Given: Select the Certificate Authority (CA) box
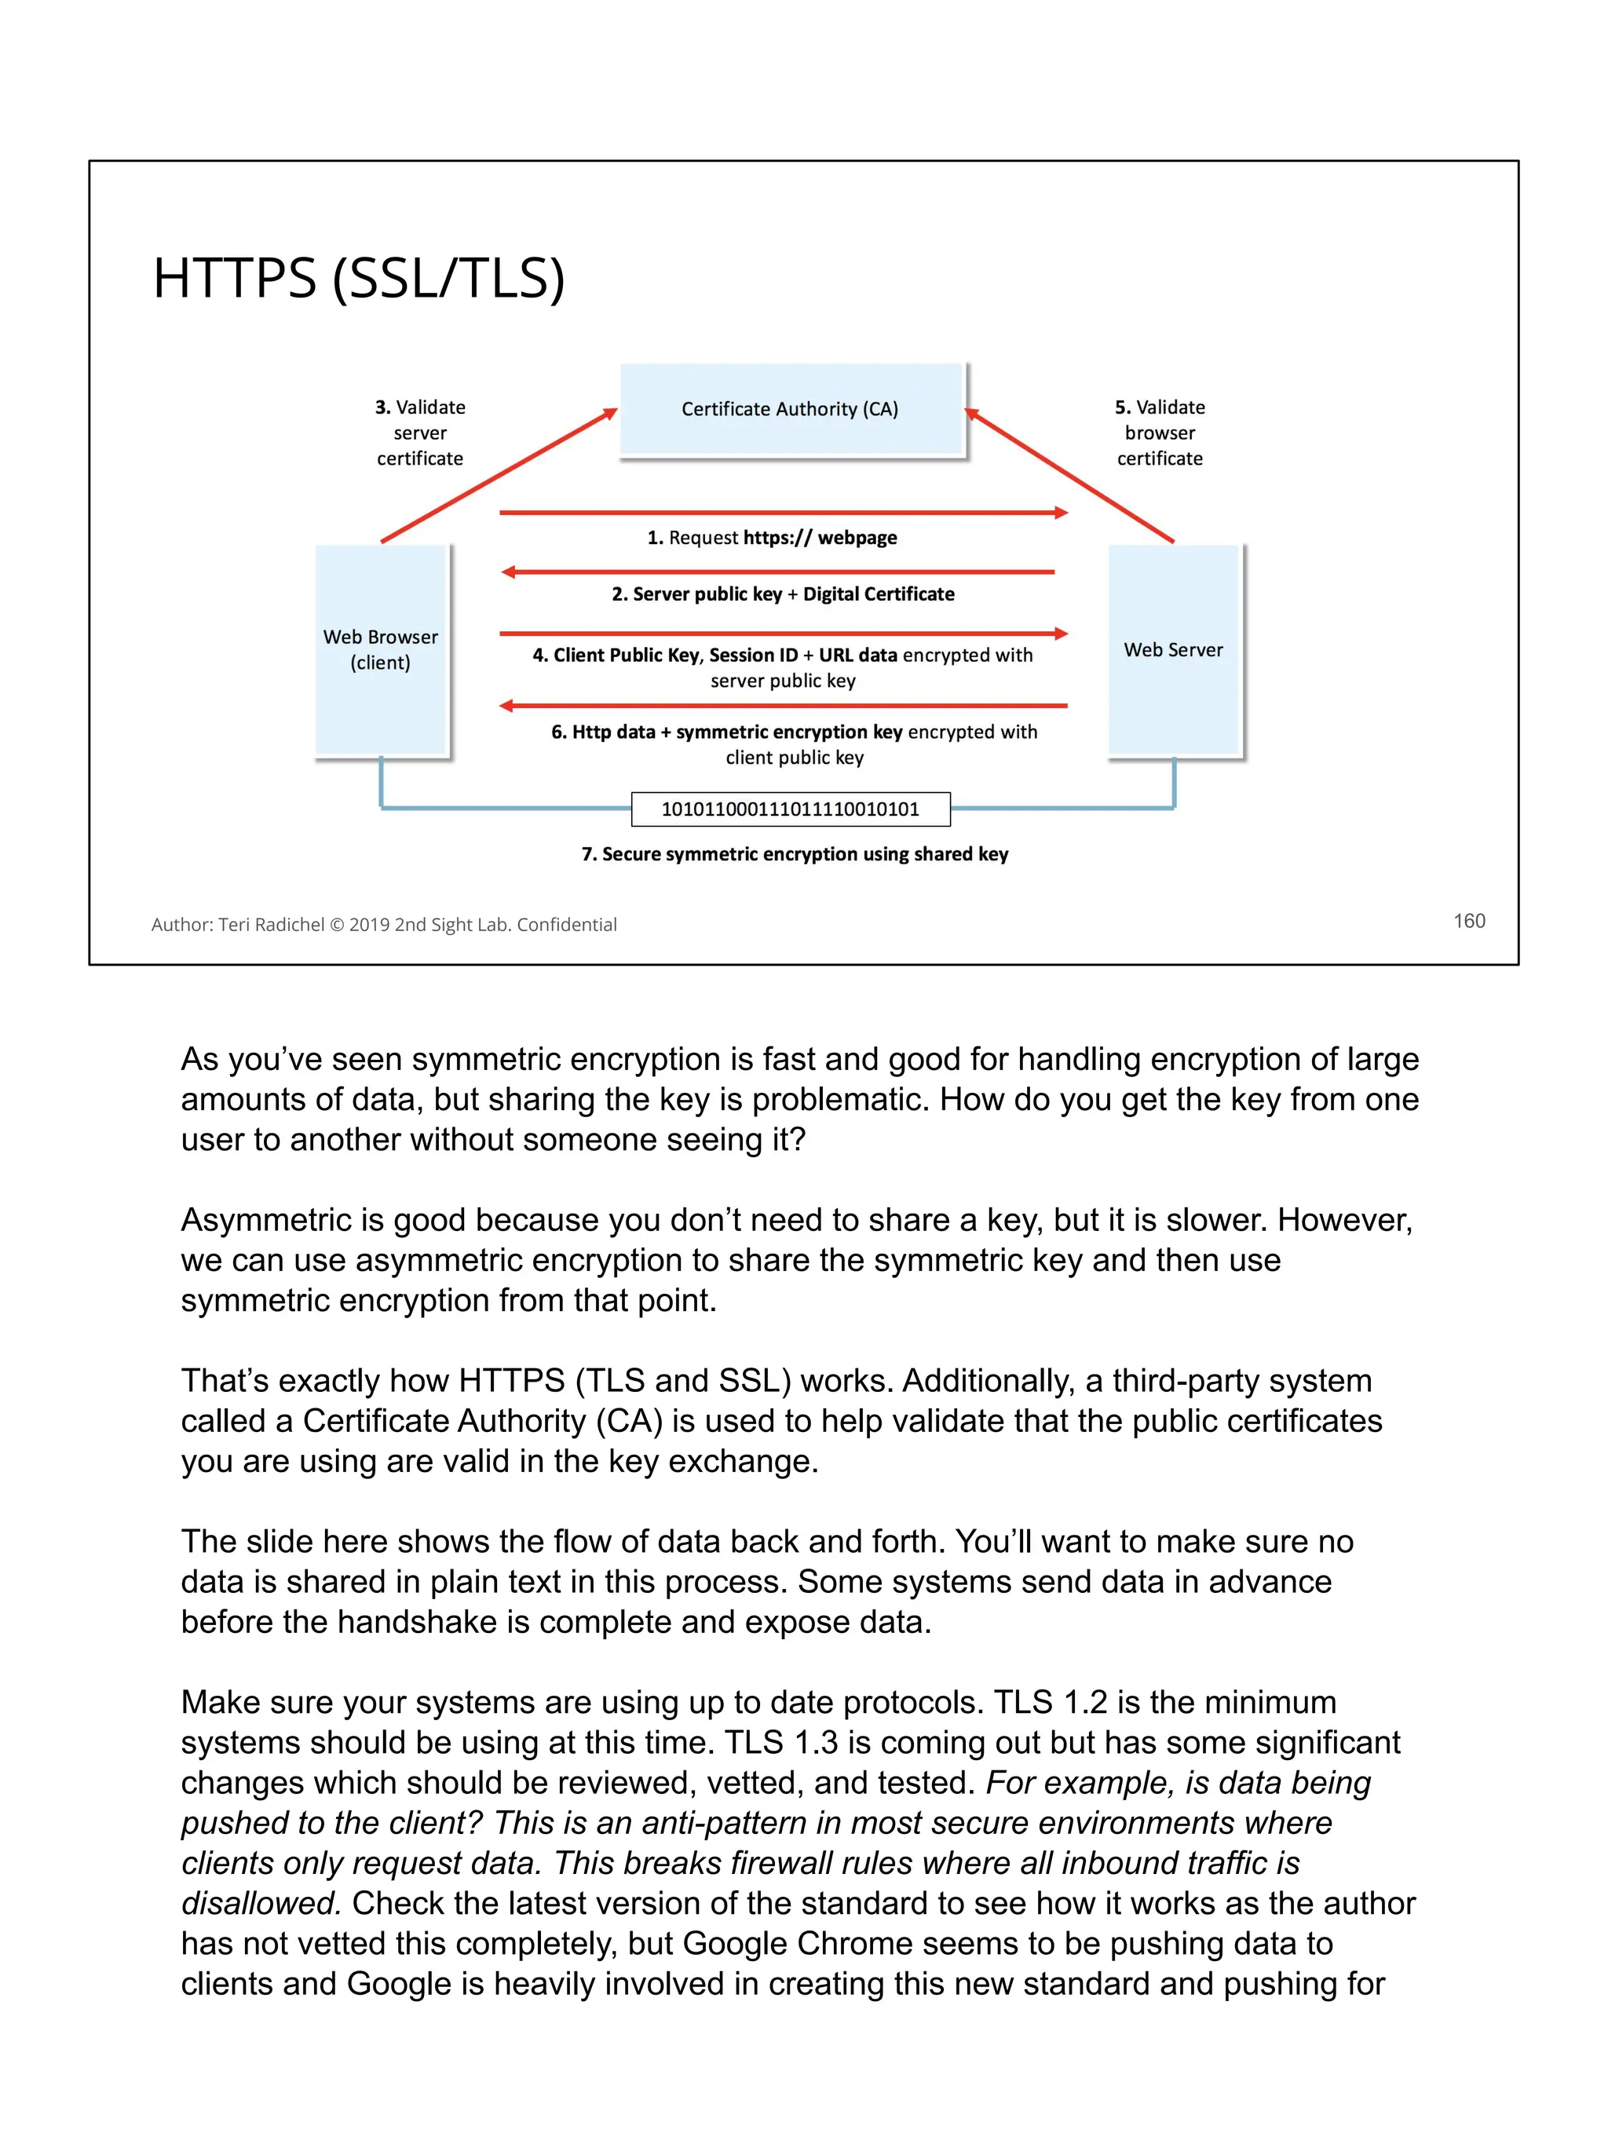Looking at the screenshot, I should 790,409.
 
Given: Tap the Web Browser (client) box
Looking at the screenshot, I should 381,649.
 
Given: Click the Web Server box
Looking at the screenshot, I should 1174,649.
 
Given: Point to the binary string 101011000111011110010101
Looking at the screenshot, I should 790,809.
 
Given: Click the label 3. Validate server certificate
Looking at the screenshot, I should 421,433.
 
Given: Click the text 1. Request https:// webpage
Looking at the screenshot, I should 773,538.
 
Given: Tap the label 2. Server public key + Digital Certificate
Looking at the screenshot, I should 783,594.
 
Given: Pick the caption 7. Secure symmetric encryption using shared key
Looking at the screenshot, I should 795,854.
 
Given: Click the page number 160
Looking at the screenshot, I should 1469,921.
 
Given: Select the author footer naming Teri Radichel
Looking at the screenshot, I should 384,925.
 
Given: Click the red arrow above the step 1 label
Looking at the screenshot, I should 783,512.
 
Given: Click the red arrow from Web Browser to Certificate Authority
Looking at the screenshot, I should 499,475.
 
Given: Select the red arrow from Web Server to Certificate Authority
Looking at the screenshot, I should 1069,475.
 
